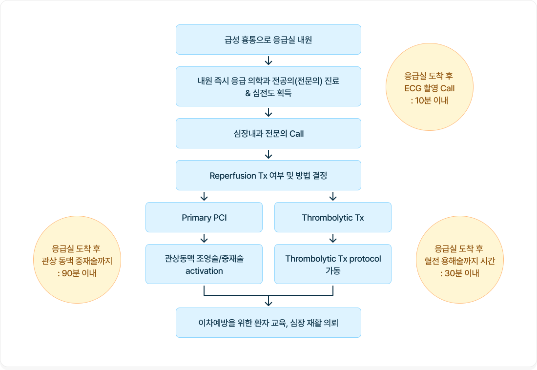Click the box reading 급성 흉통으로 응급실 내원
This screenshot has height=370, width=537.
pos(268,40)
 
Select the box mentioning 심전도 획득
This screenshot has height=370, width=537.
pos(268,86)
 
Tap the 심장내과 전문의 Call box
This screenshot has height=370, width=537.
pos(268,133)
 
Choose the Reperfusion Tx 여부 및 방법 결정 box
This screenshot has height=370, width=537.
pos(268,175)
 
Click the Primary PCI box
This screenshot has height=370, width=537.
pos(204,217)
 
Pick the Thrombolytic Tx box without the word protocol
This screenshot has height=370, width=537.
pos(333,217)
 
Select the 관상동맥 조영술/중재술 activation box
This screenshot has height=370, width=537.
pos(204,264)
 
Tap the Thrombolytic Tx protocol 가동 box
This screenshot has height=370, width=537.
pos(333,264)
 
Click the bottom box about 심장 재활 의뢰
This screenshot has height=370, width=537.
pos(268,323)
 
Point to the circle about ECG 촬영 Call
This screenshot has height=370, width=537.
pos(429,88)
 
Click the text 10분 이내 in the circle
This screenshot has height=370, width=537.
pos(429,101)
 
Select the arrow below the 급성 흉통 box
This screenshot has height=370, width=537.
pos(268,61)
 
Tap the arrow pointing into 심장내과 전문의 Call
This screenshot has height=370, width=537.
pos(268,112)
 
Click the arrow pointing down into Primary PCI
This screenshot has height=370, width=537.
pos(204,196)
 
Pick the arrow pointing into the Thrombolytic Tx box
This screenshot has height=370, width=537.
pos(333,196)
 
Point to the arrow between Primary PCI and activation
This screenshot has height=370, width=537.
pos(204,238)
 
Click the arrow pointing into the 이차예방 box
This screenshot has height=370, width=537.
pos(268,301)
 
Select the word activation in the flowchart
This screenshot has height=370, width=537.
pos(204,271)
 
